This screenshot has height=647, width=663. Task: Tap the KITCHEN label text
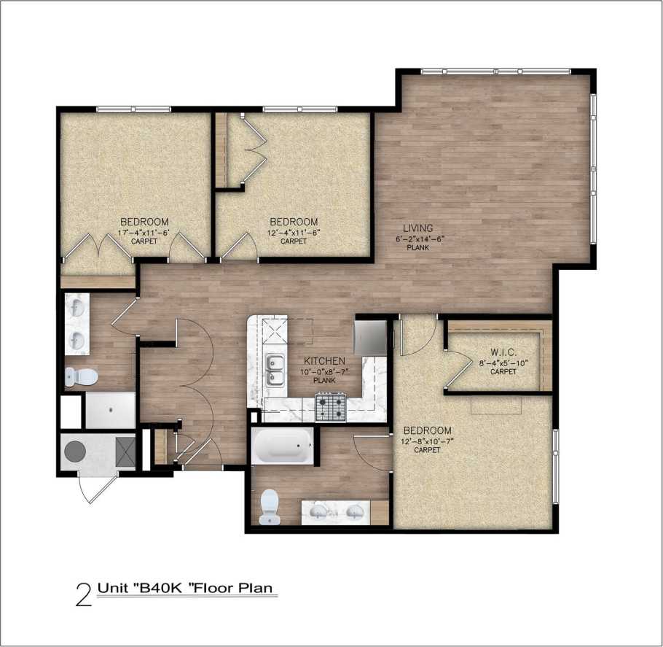324,361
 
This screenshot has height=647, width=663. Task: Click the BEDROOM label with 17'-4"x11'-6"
144,222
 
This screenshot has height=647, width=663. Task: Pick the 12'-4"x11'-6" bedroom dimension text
294,232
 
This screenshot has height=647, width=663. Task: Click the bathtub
283,446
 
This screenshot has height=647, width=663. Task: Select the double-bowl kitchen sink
275,371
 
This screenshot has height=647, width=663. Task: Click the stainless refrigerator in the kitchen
369,336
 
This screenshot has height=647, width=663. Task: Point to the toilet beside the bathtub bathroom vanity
270,505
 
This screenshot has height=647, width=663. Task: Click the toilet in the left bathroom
82,377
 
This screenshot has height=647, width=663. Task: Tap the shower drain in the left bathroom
110,410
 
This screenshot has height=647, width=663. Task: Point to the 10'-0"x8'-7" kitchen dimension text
323,371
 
